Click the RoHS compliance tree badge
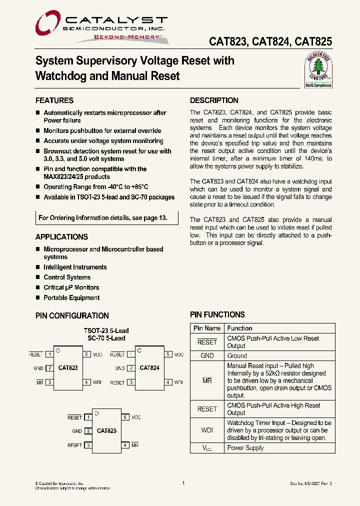click(318, 71)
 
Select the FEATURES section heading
click(54, 100)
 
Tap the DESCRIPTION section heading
click(214, 100)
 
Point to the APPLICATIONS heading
click(61, 237)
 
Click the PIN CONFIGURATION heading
click(72, 316)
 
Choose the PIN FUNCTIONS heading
click(217, 315)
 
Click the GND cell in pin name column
click(207, 356)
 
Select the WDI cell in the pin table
click(207, 430)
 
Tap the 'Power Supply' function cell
click(245, 448)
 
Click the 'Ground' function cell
click(237, 356)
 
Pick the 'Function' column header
click(239, 328)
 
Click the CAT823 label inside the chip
click(68, 368)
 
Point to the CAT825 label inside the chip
click(106, 430)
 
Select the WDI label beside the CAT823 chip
click(97, 382)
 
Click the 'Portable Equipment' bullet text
click(71, 298)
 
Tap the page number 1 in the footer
click(183, 483)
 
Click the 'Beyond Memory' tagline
click(120, 37)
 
